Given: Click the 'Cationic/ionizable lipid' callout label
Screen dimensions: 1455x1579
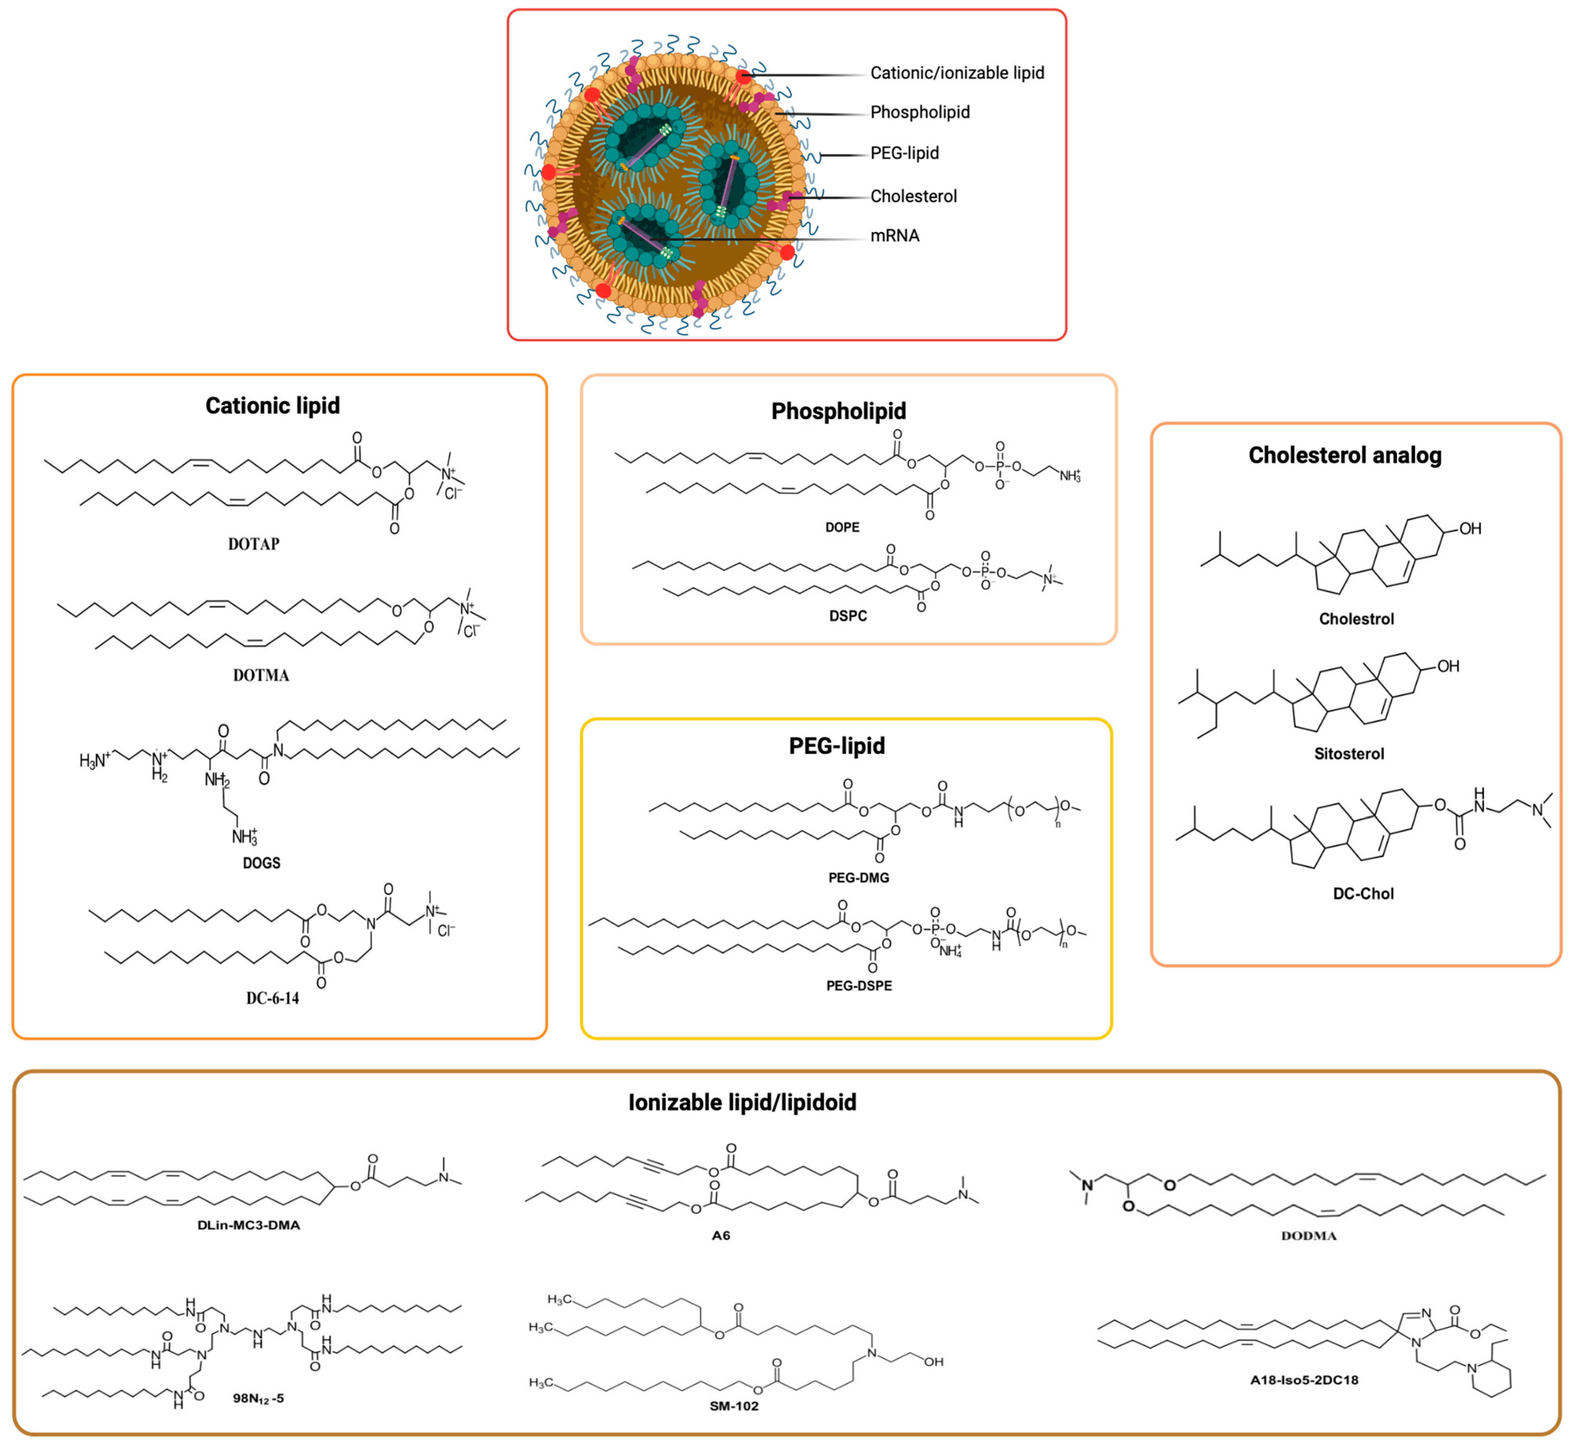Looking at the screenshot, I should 957,73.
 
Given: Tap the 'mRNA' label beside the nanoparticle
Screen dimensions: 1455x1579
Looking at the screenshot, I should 895,235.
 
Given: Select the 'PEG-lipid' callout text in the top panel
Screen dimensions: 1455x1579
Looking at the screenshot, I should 904,153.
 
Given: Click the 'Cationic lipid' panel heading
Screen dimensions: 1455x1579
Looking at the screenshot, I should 273,406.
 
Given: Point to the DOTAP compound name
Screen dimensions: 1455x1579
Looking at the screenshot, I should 254,544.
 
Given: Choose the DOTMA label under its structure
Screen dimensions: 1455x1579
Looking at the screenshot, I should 261,675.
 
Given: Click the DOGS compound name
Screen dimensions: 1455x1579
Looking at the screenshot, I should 262,863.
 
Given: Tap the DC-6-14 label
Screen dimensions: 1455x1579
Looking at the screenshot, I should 273,998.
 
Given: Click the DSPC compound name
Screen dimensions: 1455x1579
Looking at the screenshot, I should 848,616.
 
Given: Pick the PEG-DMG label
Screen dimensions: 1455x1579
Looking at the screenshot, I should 859,877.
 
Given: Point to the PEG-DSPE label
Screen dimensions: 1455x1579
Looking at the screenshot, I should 859,986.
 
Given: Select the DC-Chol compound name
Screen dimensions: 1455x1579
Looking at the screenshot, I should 1363,894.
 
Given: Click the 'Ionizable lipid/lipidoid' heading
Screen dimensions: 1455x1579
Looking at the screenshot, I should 742,1102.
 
